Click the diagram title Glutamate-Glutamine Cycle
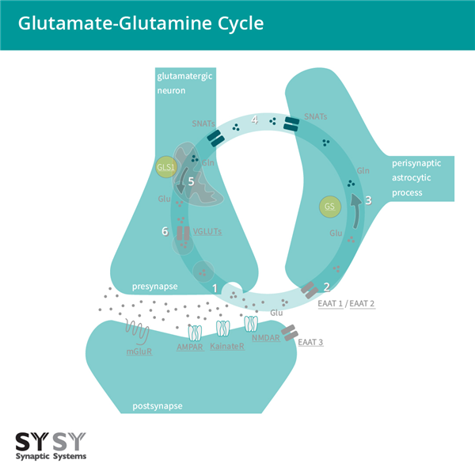click(x=141, y=24)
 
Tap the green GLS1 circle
click(x=166, y=167)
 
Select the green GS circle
click(x=331, y=207)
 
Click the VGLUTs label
click(x=207, y=231)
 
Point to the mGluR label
click(x=139, y=351)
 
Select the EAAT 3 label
click(x=312, y=342)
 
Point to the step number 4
click(x=254, y=121)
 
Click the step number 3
click(x=367, y=201)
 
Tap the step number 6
click(x=165, y=231)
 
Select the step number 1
click(x=214, y=287)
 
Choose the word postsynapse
click(x=158, y=406)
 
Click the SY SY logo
click(x=51, y=440)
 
